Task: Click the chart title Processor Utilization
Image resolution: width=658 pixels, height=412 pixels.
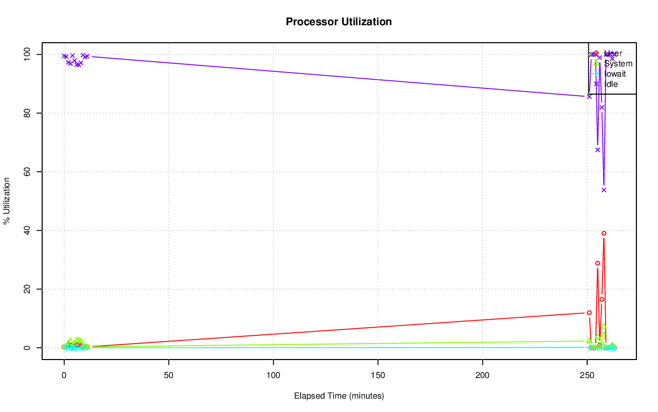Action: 339,22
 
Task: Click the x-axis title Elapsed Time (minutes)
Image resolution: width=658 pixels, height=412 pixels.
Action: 339,396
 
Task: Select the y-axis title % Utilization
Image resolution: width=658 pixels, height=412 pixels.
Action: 7,201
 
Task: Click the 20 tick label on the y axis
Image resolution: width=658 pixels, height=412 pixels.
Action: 27,289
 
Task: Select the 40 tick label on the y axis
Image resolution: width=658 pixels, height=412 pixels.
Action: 27,230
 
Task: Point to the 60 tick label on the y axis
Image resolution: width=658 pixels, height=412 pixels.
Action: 27,171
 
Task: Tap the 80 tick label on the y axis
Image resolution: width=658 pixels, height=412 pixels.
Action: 27,113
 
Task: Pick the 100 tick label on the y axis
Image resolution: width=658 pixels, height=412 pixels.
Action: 27,54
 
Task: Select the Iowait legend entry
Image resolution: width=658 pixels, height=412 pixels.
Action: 615,74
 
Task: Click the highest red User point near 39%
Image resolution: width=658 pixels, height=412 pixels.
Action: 604,233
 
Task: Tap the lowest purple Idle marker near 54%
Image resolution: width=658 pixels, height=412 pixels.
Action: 604,190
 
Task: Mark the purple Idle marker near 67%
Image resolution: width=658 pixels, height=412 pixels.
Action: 597,150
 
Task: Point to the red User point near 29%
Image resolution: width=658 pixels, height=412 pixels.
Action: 597,263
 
